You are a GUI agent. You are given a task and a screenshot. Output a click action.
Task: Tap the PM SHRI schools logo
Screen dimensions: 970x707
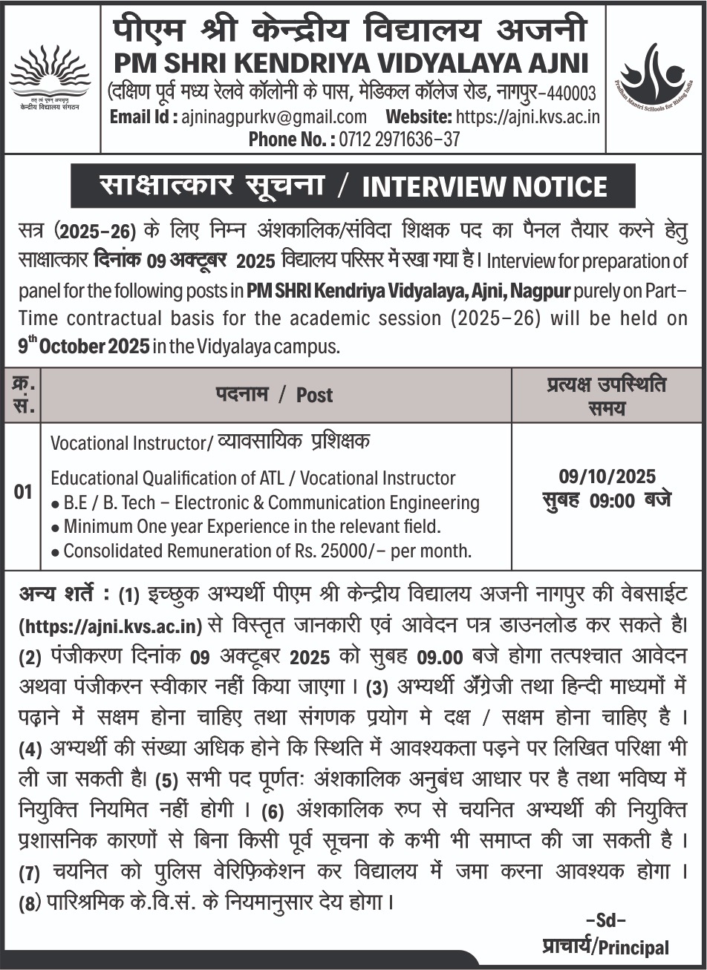pos(656,76)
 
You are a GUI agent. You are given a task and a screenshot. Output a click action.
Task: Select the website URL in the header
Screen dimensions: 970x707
pos(527,117)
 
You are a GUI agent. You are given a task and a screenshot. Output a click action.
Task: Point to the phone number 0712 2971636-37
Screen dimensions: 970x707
pos(400,139)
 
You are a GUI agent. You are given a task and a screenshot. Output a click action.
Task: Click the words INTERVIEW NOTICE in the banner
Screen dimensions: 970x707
pos(484,186)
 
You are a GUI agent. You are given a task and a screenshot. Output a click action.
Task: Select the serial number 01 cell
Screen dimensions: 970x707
pos(23,492)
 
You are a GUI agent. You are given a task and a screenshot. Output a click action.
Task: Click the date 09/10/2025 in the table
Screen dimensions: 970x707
pos(607,477)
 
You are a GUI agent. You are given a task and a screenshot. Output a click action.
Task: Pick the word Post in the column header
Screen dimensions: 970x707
pos(314,395)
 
